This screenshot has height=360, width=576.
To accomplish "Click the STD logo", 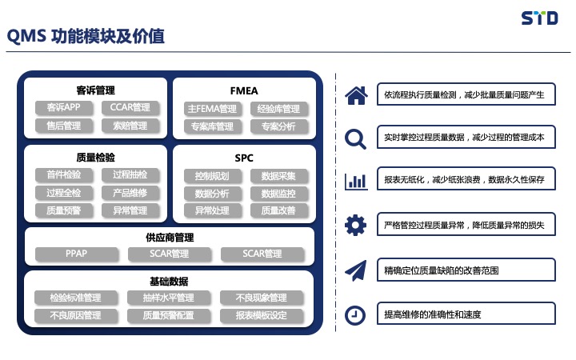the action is click(x=539, y=18).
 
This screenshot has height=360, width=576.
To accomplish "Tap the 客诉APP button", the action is click(x=64, y=107).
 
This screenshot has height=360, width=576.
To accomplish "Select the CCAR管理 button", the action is click(x=130, y=107).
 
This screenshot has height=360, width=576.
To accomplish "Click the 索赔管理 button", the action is click(x=130, y=126).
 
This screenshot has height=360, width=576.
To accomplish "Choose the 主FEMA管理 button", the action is click(x=212, y=109).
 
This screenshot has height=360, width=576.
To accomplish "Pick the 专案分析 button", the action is click(x=278, y=126).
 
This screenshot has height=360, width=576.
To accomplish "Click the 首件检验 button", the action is click(x=64, y=174).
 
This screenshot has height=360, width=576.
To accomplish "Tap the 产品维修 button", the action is click(x=130, y=193).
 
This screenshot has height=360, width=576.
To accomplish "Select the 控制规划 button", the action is click(x=212, y=176).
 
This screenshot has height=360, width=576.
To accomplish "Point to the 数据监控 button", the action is click(x=278, y=194).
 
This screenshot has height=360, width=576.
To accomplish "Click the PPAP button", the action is click(x=77, y=254).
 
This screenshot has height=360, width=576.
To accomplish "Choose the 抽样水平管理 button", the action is click(x=169, y=298).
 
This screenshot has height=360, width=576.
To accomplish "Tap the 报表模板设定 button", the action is click(x=262, y=315).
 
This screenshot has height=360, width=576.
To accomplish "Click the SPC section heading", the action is click(x=244, y=158).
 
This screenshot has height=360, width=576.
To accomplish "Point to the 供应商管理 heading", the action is click(x=170, y=238).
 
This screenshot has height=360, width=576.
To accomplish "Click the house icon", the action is click(x=356, y=95).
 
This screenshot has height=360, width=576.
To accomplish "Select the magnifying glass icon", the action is click(x=355, y=139).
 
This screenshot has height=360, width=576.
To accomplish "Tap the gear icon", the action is click(x=355, y=225).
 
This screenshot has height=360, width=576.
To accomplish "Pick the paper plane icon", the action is click(x=356, y=270).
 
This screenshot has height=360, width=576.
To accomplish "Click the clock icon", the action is click(x=355, y=315).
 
